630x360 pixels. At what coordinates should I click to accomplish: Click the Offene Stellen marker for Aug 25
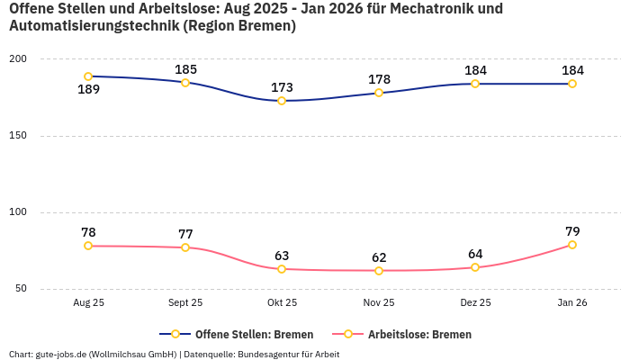click(x=88, y=76)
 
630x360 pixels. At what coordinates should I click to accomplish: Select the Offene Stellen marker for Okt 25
click(x=282, y=101)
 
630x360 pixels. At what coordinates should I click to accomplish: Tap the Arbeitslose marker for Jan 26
click(x=572, y=245)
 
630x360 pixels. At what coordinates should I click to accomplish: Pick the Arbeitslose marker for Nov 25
click(x=379, y=271)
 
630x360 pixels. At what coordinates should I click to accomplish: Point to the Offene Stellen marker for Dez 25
click(x=475, y=84)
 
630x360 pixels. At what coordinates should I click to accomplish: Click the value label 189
click(x=88, y=90)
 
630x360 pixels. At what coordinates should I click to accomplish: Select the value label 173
click(x=282, y=87)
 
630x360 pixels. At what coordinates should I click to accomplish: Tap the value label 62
click(x=379, y=257)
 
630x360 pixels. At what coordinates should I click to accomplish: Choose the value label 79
click(x=572, y=231)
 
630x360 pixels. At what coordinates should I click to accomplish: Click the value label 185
click(x=185, y=69)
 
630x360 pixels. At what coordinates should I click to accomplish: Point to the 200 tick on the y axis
click(x=18, y=59)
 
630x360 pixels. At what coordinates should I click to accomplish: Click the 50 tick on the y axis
click(x=21, y=289)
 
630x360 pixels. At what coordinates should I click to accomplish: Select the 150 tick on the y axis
click(x=18, y=136)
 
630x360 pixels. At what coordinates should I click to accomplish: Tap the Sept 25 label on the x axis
click(x=185, y=303)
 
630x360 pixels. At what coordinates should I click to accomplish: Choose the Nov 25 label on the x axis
click(x=379, y=303)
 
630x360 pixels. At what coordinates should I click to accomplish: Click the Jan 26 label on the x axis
click(x=572, y=303)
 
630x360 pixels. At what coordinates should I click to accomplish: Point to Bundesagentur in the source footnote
click(x=267, y=354)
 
